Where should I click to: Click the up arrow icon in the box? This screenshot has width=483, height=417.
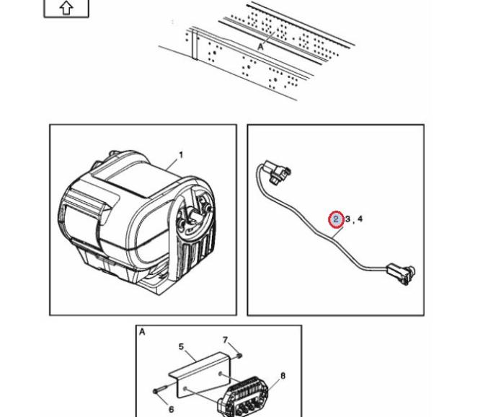(66, 8)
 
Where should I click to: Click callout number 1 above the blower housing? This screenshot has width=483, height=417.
(180, 154)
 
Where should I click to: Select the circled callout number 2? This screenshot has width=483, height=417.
(336, 219)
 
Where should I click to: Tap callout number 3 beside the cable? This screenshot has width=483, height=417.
(347, 219)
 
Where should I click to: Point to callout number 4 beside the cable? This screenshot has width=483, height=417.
(360, 219)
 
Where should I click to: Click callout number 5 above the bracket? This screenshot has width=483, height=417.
(182, 346)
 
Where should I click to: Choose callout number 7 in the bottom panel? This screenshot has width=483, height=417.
(225, 340)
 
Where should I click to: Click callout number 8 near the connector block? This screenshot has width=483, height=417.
(283, 376)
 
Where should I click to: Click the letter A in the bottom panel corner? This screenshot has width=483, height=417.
(142, 332)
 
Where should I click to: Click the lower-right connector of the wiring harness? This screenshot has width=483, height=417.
(399, 273)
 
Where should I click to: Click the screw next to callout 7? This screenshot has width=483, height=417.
(237, 355)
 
